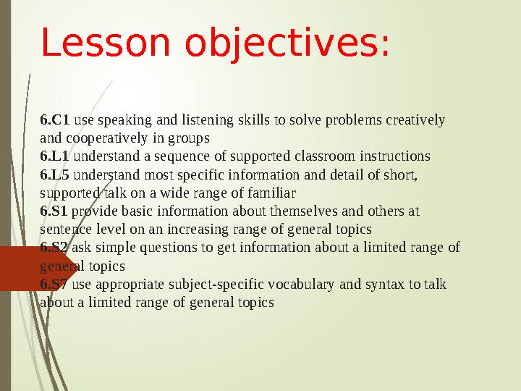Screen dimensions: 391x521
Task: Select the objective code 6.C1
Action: click(x=55, y=119)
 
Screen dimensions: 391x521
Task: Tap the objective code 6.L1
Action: click(x=55, y=156)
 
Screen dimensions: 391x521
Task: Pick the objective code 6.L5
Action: click(x=55, y=175)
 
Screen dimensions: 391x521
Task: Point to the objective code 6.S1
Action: click(x=54, y=211)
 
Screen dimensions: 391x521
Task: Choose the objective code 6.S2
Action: click(x=55, y=248)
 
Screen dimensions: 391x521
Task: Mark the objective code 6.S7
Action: click(x=55, y=285)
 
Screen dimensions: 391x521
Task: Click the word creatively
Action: click(x=418, y=119)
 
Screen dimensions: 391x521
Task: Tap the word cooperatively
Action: click(x=101, y=138)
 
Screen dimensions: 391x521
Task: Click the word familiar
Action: click(x=271, y=193)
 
